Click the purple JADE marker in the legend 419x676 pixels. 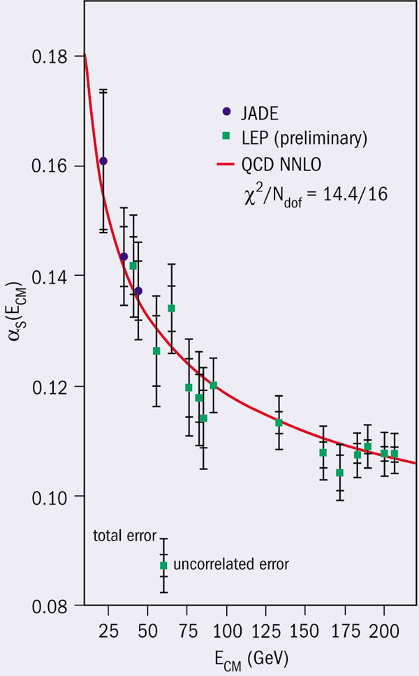click(226, 110)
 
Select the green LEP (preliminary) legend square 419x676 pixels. click(226, 138)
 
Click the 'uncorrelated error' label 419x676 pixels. click(230, 562)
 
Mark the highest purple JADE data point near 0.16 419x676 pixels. click(103, 161)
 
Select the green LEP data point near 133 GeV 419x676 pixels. click(279, 422)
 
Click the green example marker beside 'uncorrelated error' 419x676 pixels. click(163, 565)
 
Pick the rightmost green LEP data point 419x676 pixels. click(394, 454)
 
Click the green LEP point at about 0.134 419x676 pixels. click(171, 308)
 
